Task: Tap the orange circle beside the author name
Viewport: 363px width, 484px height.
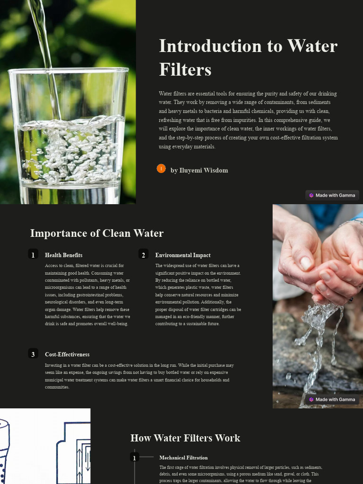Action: (161, 169)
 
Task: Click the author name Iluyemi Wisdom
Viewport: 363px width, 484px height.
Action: (199, 170)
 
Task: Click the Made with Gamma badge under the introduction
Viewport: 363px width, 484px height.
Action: (332, 195)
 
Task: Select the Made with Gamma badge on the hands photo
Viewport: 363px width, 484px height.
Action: (332, 399)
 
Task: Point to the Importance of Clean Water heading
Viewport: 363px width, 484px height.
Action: (97, 233)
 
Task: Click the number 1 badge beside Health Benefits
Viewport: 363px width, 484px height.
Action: (33, 255)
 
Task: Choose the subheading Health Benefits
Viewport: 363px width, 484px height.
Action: (63, 255)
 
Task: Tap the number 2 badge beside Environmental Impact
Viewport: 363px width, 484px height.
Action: (144, 255)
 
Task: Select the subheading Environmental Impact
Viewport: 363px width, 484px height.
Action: (183, 255)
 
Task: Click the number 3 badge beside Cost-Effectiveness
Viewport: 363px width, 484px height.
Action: (33, 354)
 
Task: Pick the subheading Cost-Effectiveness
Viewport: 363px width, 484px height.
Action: (67, 354)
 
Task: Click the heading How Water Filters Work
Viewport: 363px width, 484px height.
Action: (185, 438)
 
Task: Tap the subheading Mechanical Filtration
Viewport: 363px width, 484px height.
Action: (183, 458)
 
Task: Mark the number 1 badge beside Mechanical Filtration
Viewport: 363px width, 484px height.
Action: (135, 458)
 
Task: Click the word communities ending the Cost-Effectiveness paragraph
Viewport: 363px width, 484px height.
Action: (57, 387)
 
